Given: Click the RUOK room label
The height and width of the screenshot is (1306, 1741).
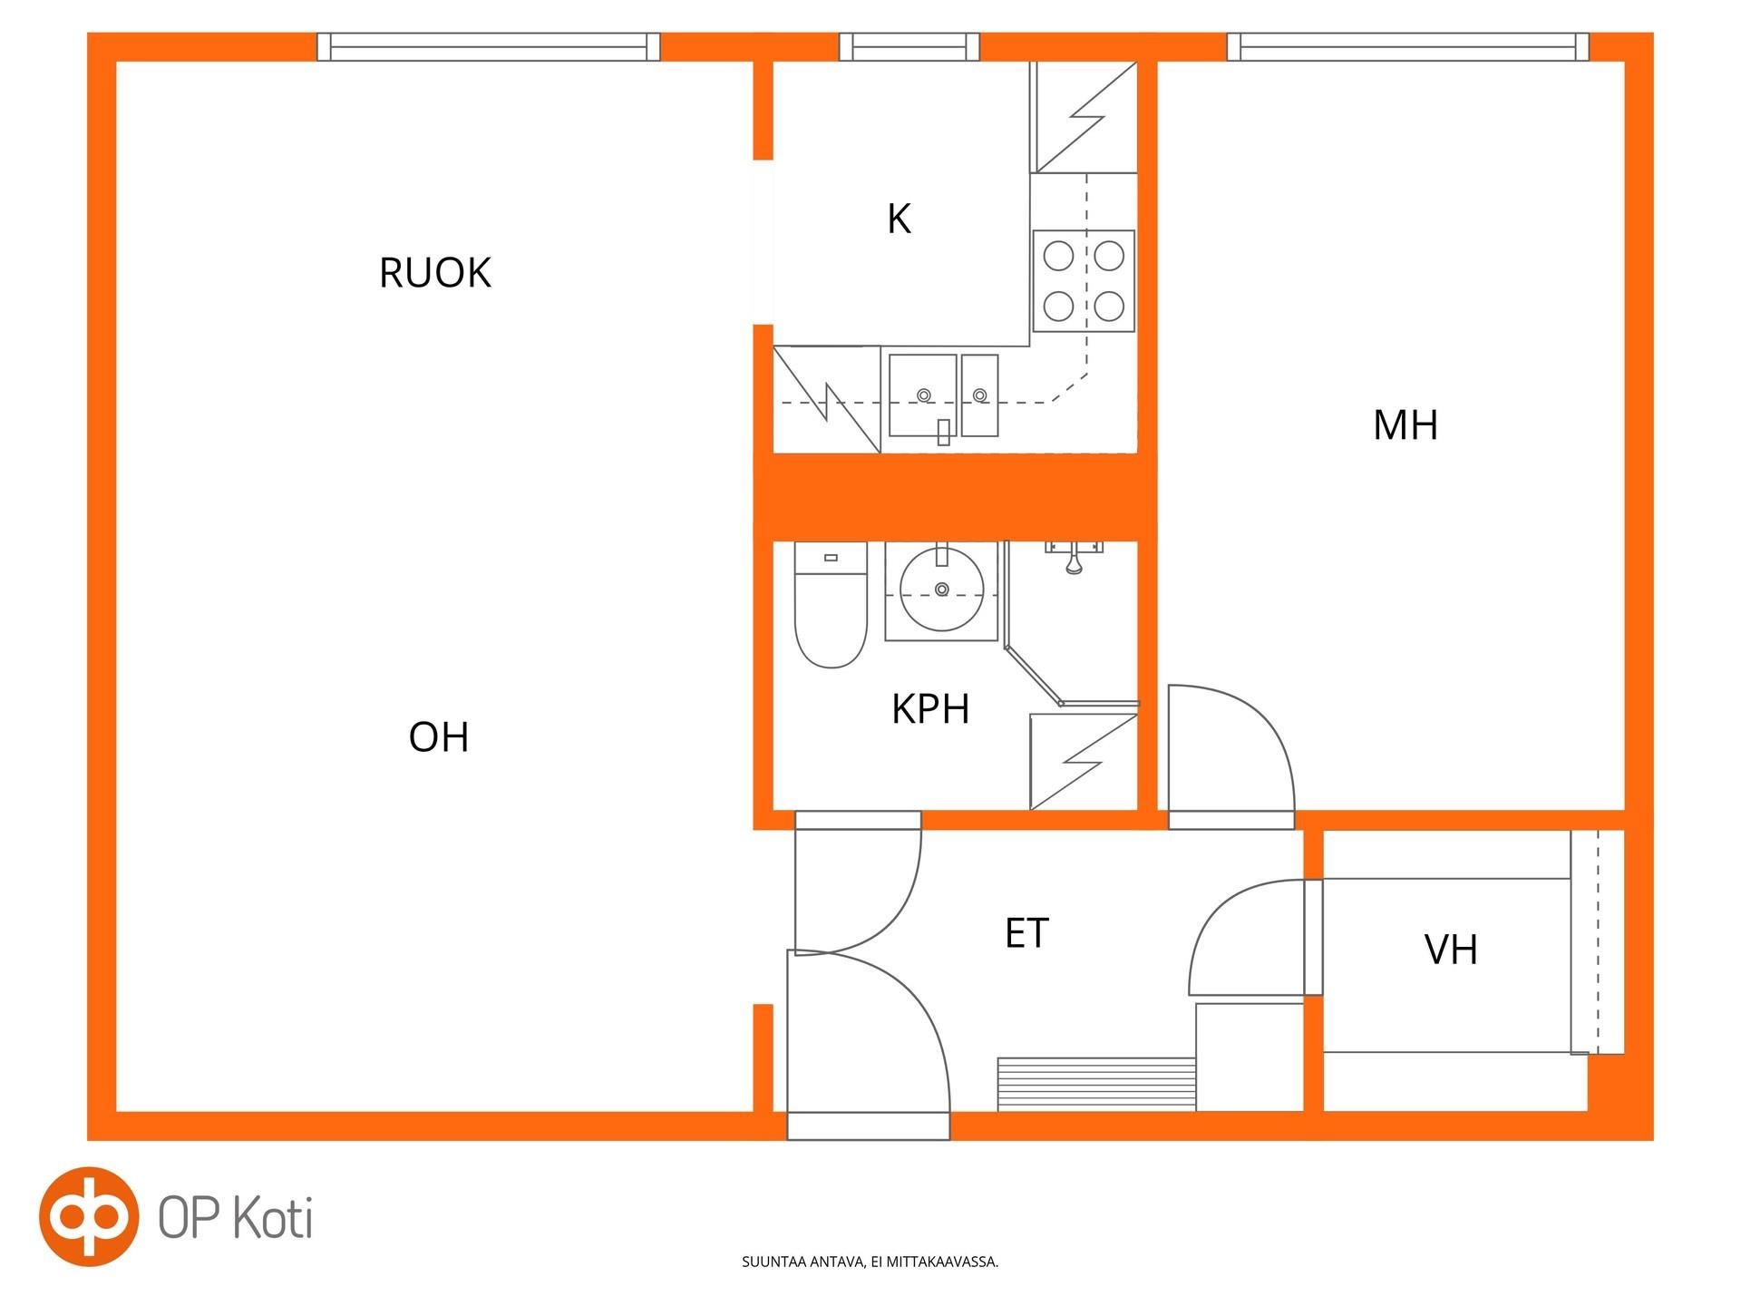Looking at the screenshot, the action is point(435,273).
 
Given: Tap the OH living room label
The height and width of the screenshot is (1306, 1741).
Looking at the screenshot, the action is point(439,737).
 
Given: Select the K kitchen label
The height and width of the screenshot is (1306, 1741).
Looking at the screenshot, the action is point(899,219).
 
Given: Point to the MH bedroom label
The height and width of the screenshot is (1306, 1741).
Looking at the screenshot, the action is point(1405,425).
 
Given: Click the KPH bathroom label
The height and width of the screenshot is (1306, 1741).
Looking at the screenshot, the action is point(930,709).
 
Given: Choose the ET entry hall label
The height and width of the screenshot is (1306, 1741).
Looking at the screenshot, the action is point(1026,933).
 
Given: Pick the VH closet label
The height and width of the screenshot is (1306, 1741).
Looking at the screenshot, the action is point(1451,950).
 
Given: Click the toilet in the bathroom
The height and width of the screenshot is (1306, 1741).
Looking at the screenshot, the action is point(831,605).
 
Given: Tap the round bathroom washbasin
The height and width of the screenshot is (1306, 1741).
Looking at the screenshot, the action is point(941,590).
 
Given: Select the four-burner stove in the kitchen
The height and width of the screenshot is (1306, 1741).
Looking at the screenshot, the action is point(1084,281).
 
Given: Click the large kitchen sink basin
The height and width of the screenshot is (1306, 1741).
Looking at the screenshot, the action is point(922,395).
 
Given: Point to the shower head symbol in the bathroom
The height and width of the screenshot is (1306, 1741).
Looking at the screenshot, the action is point(1074,558).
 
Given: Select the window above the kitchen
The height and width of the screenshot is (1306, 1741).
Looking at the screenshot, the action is point(909,47).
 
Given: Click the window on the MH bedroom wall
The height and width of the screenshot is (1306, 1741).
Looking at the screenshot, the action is point(1408,47).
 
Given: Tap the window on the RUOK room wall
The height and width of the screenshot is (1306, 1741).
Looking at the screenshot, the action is point(489,47).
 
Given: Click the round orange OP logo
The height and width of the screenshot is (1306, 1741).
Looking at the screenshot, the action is point(89,1216).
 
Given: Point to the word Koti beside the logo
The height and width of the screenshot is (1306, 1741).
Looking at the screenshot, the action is point(274,1218).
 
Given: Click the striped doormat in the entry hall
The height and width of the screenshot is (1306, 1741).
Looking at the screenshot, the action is point(1096,1085).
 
